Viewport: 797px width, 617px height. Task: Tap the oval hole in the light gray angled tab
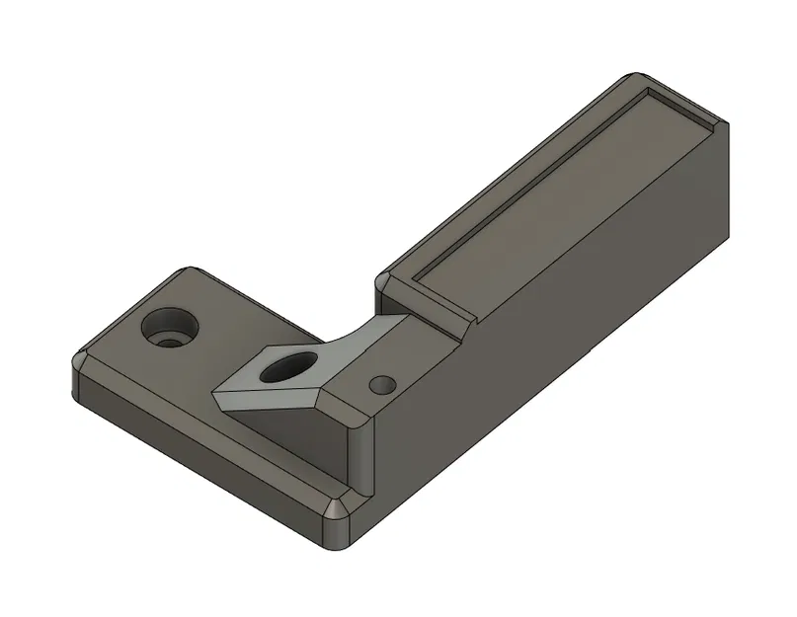pos(285,367)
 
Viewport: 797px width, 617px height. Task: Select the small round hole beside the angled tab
pos(380,383)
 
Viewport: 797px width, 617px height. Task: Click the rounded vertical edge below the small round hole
pos(367,454)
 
